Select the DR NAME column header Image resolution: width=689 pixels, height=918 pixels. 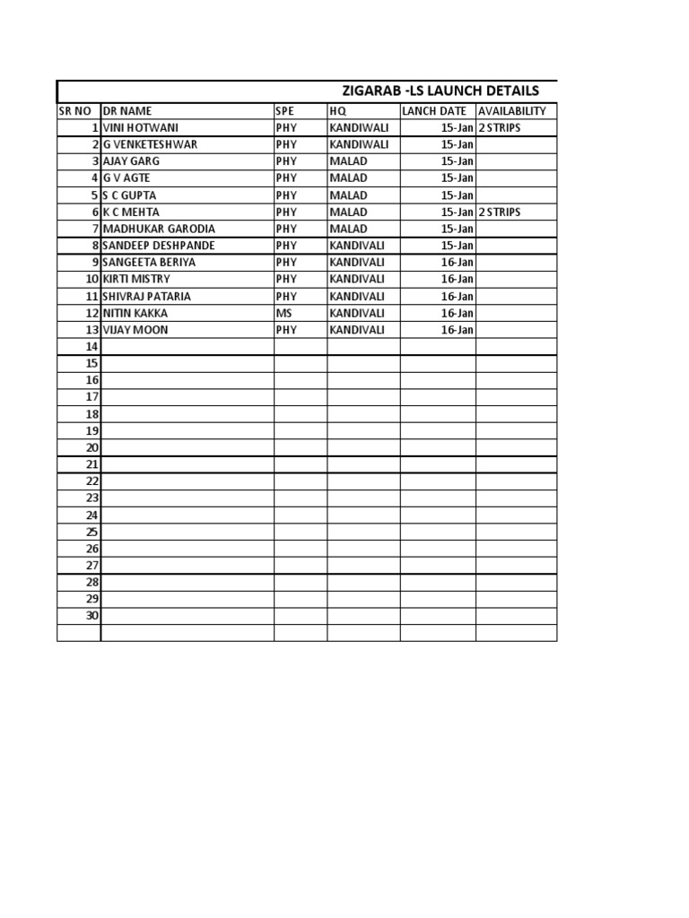(128, 111)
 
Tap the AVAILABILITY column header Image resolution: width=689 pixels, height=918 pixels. (512, 111)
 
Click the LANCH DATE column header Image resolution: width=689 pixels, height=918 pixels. (435, 111)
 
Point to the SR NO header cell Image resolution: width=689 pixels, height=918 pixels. (75, 111)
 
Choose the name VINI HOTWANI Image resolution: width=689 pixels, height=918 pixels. (141, 128)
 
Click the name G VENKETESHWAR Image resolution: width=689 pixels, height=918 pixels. (151, 144)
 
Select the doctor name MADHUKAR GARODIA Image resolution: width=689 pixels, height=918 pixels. (159, 229)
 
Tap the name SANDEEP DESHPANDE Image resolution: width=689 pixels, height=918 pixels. (159, 246)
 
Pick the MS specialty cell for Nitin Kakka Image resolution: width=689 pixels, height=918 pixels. (284, 313)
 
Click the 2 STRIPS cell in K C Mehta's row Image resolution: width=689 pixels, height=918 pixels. (500, 212)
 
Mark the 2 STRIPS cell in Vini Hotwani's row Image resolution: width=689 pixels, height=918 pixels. (500, 128)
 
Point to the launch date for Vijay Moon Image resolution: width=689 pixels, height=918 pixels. (458, 330)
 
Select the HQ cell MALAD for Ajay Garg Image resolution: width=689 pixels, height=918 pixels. (348, 161)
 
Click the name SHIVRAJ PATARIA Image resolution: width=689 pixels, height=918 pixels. (147, 296)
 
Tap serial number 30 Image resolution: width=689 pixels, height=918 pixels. (92, 616)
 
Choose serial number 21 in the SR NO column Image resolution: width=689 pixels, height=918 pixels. (92, 464)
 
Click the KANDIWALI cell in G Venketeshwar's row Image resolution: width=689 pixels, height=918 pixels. (359, 144)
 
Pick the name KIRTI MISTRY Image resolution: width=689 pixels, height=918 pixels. (136, 279)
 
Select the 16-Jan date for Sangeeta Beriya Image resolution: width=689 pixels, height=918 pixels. (458, 263)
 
